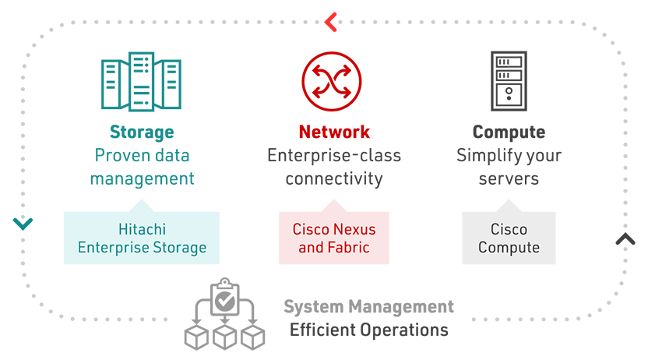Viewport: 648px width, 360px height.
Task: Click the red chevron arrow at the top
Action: point(330,22)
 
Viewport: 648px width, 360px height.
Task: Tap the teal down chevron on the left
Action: point(23,224)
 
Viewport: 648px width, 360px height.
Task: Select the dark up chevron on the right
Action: point(625,239)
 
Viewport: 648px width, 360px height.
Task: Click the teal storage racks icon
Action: point(141,83)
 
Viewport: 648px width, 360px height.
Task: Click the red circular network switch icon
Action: point(332,82)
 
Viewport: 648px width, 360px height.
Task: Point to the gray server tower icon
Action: point(509,81)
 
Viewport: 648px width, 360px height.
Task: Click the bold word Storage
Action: point(141,132)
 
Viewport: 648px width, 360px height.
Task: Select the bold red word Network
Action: point(334,132)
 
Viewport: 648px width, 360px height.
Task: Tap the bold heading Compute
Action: point(509,132)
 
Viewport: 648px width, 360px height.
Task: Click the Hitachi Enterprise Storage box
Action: point(142,239)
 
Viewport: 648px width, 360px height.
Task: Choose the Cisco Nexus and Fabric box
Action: point(334,239)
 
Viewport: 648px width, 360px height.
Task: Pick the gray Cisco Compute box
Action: point(509,239)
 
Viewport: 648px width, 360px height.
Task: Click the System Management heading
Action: point(368,306)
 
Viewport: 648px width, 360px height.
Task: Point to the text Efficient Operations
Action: point(368,330)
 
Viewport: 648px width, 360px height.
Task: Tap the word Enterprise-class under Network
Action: point(334,156)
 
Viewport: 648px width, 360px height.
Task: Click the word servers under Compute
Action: point(509,178)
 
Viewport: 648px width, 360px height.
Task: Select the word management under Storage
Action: point(142,178)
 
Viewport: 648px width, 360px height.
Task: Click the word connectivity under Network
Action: point(334,178)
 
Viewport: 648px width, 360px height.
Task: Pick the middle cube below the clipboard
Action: point(225,337)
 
